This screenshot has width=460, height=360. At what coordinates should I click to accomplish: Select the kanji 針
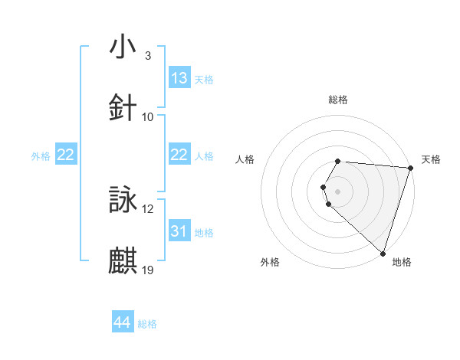pyautogui.click(x=123, y=106)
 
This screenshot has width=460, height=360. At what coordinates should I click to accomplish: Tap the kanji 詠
pyautogui.click(x=123, y=199)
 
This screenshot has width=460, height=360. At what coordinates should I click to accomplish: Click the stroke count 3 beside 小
pyautogui.click(x=147, y=56)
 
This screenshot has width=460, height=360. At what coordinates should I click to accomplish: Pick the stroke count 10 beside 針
pyautogui.click(x=148, y=117)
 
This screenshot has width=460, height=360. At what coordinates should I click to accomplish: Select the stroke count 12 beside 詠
pyautogui.click(x=148, y=209)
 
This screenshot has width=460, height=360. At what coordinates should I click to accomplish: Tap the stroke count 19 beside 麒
pyautogui.click(x=148, y=270)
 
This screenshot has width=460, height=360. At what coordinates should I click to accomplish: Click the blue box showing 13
pyautogui.click(x=179, y=78)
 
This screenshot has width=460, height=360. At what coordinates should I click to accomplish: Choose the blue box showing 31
pyautogui.click(x=179, y=231)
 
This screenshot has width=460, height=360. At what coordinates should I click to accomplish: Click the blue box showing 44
pyautogui.click(x=122, y=323)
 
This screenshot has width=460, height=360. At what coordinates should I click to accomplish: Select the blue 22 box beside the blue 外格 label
pyautogui.click(x=65, y=155)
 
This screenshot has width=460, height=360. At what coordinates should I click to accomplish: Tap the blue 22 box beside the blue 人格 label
pyautogui.click(x=179, y=155)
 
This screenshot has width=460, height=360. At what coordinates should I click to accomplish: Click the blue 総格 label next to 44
pyautogui.click(x=147, y=324)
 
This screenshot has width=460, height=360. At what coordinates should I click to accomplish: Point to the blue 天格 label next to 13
pyautogui.click(x=204, y=79)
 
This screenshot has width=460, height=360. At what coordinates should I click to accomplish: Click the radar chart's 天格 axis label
pyautogui.click(x=431, y=159)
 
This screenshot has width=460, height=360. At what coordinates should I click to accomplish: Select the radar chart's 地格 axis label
pyautogui.click(x=402, y=262)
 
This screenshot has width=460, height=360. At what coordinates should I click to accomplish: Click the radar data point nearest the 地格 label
pyautogui.click(x=383, y=253)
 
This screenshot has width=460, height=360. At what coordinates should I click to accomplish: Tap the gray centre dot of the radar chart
pyautogui.click(x=337, y=191)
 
